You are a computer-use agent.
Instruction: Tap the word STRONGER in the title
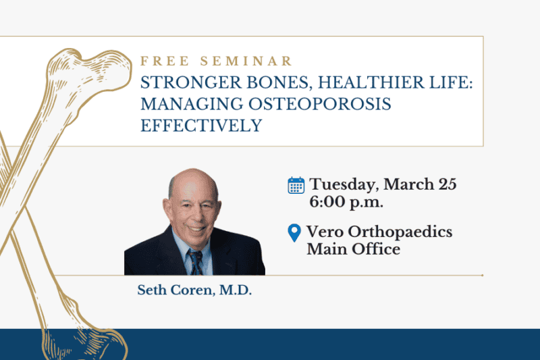tap(176, 84)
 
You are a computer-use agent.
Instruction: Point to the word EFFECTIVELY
tap(201, 126)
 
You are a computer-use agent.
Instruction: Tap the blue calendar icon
tap(296, 185)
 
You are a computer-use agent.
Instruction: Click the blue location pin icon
tap(294, 234)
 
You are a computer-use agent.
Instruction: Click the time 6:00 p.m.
tap(343, 201)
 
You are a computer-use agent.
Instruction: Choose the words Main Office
tap(353, 249)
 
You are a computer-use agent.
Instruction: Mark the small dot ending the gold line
tap(482, 276)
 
